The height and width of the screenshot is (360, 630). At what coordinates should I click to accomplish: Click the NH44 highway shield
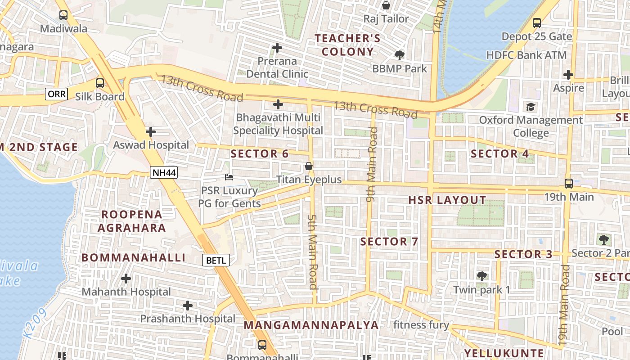click(x=164, y=172)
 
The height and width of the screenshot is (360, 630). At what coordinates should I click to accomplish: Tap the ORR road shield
click(x=57, y=94)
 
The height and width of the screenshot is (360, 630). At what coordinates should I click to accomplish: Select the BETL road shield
click(x=216, y=260)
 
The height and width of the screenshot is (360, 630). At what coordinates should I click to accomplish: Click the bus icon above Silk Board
click(x=100, y=83)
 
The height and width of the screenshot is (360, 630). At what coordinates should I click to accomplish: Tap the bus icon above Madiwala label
click(x=63, y=15)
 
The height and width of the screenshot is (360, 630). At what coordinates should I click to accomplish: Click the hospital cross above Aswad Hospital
click(x=151, y=132)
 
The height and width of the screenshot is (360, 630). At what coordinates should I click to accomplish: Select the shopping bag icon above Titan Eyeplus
click(x=309, y=166)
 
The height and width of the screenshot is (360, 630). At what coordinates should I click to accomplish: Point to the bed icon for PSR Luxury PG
click(x=229, y=177)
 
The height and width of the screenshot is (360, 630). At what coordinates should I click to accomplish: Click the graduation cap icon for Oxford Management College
click(x=531, y=107)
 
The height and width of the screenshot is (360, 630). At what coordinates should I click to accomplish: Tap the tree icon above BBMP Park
click(x=399, y=55)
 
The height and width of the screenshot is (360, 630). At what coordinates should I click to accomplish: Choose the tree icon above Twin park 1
click(x=481, y=276)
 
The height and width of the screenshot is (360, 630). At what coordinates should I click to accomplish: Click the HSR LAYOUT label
click(x=447, y=200)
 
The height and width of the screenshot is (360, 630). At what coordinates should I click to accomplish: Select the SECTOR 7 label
click(x=389, y=242)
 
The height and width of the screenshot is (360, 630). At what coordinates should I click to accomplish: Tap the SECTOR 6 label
click(x=260, y=154)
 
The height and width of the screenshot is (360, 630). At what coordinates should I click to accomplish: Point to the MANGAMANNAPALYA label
click(x=311, y=325)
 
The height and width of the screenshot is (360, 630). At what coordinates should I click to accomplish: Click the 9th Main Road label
click(x=371, y=164)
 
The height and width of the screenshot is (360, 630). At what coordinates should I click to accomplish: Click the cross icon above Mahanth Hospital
click(x=126, y=279)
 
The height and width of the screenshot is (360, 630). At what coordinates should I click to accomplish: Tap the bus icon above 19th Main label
click(x=569, y=184)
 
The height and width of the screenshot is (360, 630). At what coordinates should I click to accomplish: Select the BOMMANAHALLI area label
click(x=133, y=258)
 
